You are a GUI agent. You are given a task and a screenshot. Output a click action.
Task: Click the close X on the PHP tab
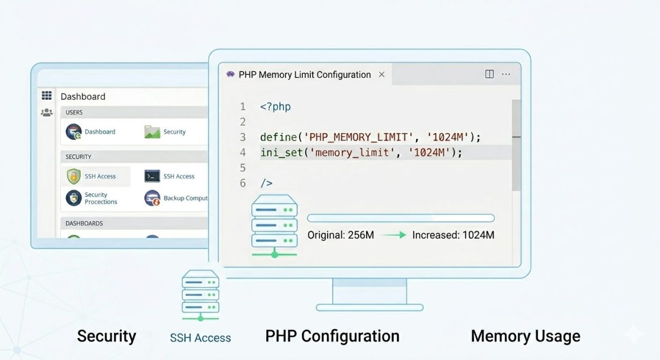382,74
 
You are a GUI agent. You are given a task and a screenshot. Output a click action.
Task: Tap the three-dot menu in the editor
506,74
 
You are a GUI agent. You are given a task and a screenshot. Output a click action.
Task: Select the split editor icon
490,74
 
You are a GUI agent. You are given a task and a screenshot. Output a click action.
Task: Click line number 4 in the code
243,152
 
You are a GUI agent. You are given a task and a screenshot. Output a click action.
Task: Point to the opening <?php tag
275,107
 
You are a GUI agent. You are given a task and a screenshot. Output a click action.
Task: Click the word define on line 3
278,137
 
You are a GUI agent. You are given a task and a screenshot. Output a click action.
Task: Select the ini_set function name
281,152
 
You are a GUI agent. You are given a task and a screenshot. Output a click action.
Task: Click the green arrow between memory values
393,235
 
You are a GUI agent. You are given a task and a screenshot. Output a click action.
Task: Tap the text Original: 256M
341,235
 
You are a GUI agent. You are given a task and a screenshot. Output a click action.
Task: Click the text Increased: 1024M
453,235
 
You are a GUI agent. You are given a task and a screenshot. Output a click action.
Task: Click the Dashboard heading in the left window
83,96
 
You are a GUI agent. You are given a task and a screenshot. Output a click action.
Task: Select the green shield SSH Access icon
74,176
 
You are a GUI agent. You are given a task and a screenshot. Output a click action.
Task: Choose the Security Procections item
100,198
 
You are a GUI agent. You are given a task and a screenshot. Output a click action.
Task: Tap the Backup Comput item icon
152,198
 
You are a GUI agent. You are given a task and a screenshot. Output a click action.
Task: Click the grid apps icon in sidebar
47,96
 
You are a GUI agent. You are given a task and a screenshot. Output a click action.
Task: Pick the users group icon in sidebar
47,113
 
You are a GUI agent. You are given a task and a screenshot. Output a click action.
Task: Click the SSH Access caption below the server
200,338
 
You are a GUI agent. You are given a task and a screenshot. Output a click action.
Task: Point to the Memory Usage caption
525,336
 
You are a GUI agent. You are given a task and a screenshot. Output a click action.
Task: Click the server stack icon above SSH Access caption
200,295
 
